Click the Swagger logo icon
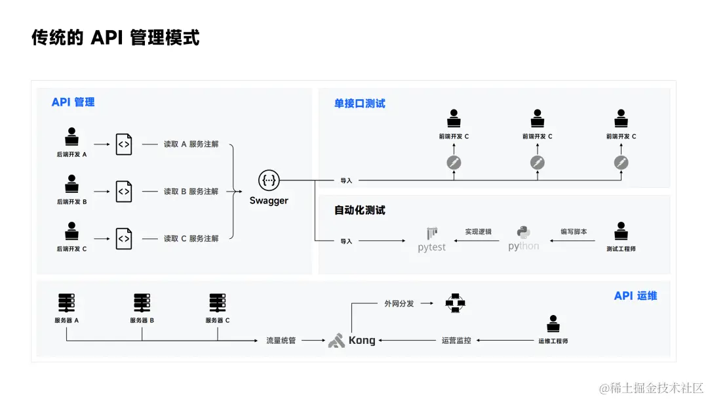(x=269, y=180)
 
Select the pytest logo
(x=432, y=240)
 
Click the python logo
(x=524, y=239)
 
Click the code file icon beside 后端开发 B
(x=124, y=191)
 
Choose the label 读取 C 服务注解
(x=191, y=239)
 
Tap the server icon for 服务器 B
(x=142, y=303)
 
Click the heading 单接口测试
(x=360, y=104)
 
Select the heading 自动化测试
(x=360, y=211)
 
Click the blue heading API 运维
(x=635, y=296)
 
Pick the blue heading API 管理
(x=73, y=102)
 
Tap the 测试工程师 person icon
(x=621, y=232)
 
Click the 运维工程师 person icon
(x=553, y=325)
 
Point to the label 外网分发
(x=399, y=304)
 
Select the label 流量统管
(x=281, y=341)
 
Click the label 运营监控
(x=456, y=341)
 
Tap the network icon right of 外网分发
(x=454, y=303)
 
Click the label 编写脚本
(x=574, y=232)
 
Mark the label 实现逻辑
(x=479, y=232)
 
